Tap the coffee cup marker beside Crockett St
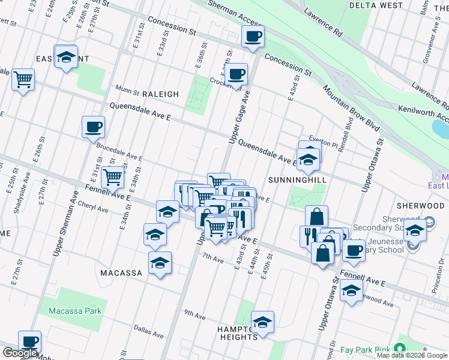pyautogui.click(x=237, y=74)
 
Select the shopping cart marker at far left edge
pyautogui.click(x=23, y=79)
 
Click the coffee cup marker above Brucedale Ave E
pyautogui.click(x=94, y=127)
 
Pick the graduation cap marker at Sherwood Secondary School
pyautogui.click(x=415, y=230)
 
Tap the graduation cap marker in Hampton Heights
pyautogui.click(x=262, y=323)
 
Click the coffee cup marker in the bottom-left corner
pyautogui.click(x=29, y=342)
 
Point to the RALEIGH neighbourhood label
pyautogui.click(x=160, y=94)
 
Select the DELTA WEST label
pyautogui.click(x=384, y=5)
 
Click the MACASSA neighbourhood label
pyautogui.click(x=121, y=273)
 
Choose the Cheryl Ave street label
pyautogui.click(x=93, y=210)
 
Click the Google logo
pyautogui.click(x=20, y=353)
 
